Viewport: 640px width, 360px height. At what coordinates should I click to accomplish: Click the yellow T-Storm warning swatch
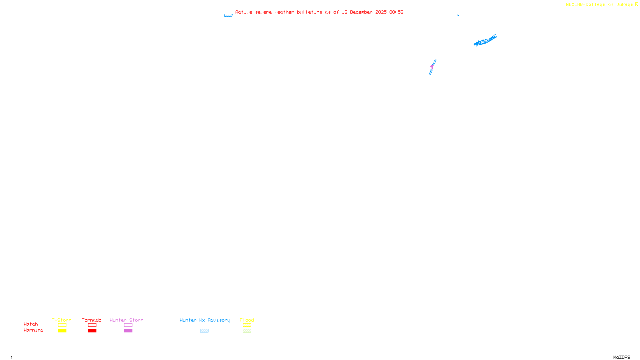tap(62, 331)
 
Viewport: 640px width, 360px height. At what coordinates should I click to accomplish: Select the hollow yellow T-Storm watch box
tap(62, 325)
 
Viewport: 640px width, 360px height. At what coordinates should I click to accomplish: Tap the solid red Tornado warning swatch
tap(92, 331)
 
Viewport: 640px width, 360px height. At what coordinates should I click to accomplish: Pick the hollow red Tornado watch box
tap(92, 325)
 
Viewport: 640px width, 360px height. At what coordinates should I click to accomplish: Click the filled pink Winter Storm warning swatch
tap(128, 331)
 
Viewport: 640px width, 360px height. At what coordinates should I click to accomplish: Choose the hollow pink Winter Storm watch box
tap(128, 325)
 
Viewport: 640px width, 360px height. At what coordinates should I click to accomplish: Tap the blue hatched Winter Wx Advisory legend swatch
tap(204, 331)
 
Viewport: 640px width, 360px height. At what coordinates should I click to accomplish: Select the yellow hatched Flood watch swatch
tap(247, 325)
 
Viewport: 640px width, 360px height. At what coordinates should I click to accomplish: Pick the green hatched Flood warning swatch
tap(247, 331)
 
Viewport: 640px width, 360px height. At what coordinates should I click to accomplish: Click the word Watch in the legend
tap(31, 324)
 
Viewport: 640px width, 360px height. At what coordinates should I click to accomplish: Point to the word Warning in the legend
tap(34, 330)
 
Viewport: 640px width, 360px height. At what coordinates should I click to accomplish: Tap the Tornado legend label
tap(92, 320)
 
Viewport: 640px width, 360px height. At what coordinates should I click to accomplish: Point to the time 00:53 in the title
tap(396, 12)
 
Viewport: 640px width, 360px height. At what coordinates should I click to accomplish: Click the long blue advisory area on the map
tap(485, 41)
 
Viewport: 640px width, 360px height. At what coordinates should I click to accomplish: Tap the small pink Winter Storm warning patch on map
tap(432, 66)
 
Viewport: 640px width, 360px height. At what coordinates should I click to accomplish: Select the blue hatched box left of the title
tap(229, 16)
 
